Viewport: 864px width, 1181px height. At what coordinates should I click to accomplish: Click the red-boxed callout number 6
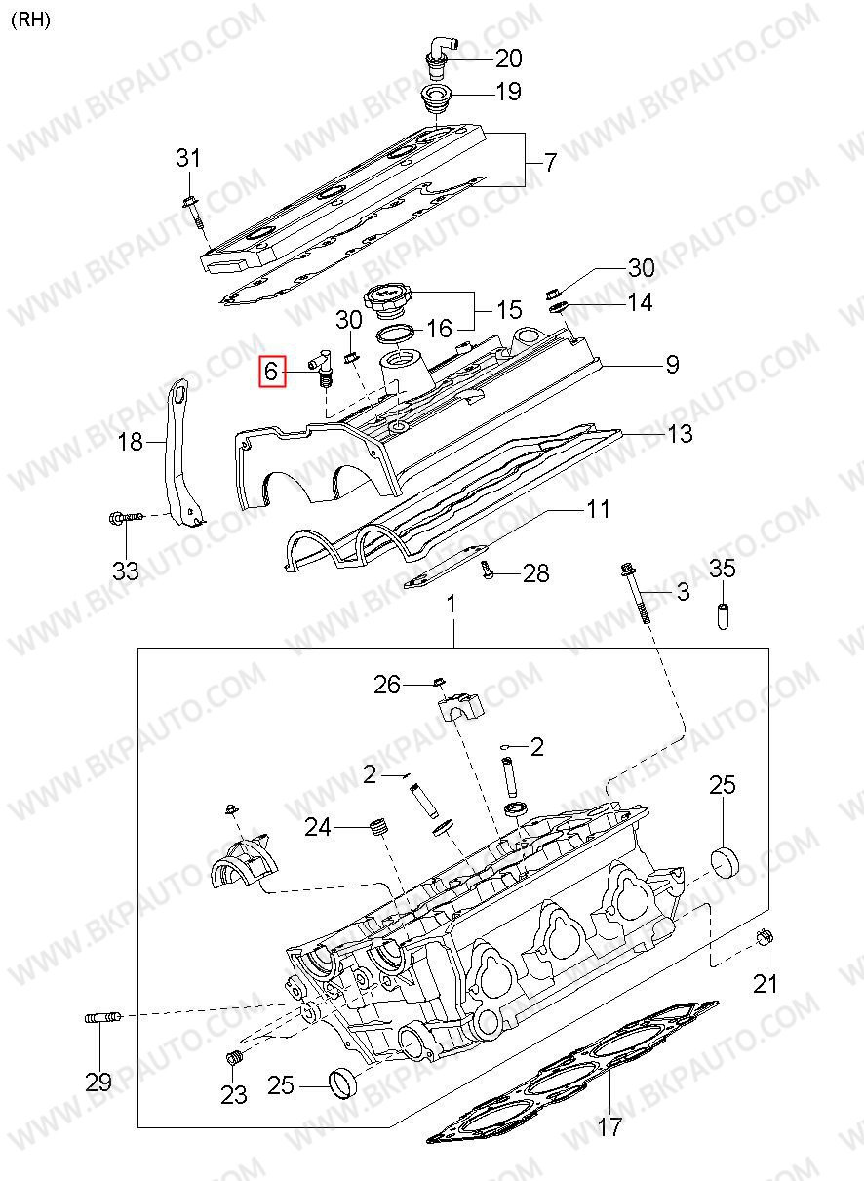271,372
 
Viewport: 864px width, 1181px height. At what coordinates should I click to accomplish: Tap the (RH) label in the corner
30,20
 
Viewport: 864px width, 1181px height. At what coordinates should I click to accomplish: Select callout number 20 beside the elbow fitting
508,58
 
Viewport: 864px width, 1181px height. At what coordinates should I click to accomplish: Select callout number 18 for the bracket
131,441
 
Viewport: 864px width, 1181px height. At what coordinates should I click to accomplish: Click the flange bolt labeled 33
126,517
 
